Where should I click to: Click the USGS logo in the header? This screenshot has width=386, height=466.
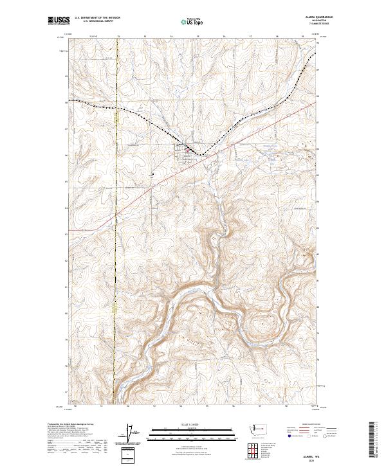click(56, 21)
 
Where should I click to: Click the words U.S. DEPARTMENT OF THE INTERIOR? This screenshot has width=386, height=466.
click(94, 18)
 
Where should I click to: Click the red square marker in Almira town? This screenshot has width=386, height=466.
click(187, 151)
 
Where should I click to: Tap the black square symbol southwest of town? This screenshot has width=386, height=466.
click(152, 173)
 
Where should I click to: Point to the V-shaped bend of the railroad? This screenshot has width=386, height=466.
click(201, 155)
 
